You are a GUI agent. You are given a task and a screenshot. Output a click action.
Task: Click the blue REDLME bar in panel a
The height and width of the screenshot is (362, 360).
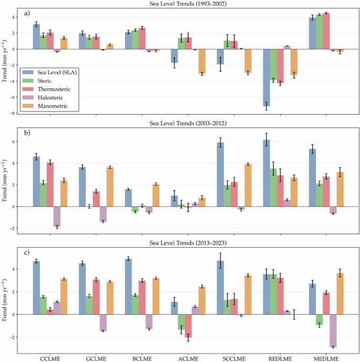coord(266,77)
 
